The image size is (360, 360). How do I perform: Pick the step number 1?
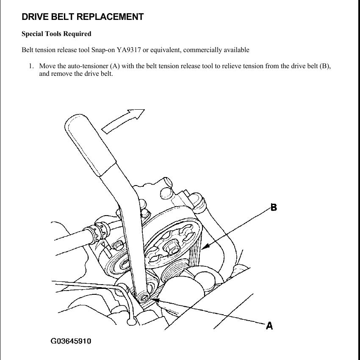(x=31, y=66)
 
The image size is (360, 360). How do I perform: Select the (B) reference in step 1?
(x=326, y=66)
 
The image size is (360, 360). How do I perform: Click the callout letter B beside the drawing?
(x=274, y=208)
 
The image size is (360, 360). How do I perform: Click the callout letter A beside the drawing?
(x=269, y=325)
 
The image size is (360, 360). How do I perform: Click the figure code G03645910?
(x=71, y=341)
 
